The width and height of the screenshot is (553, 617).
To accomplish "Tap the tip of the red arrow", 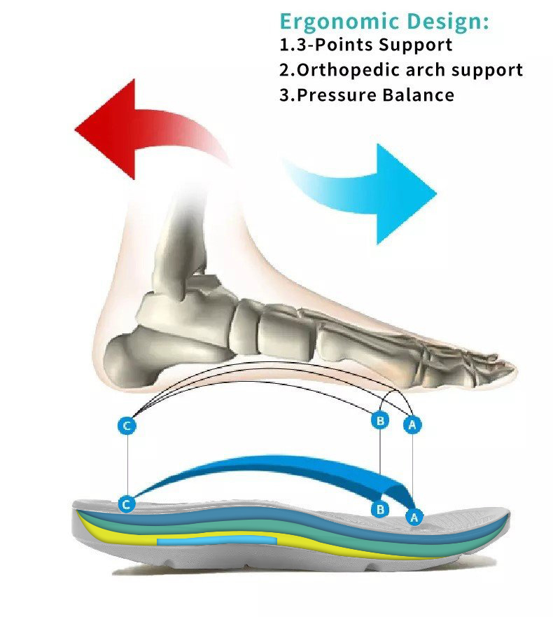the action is pyautogui.click(x=75, y=128).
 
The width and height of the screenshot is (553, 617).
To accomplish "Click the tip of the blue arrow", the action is pyautogui.click(x=437, y=193).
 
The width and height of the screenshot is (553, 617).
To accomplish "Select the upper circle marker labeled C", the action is pyautogui.click(x=127, y=426).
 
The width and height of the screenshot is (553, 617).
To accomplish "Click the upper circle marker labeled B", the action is pyautogui.click(x=380, y=421).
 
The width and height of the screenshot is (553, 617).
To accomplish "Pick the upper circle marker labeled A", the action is pyautogui.click(x=412, y=425).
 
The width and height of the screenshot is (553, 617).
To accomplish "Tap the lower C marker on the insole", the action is pyautogui.click(x=127, y=504).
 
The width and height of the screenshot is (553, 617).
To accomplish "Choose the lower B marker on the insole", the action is pyautogui.click(x=380, y=510).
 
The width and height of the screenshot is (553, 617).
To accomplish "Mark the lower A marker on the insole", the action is pyautogui.click(x=414, y=518).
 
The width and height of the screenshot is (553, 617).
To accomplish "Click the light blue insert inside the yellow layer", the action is pyautogui.click(x=217, y=540).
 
